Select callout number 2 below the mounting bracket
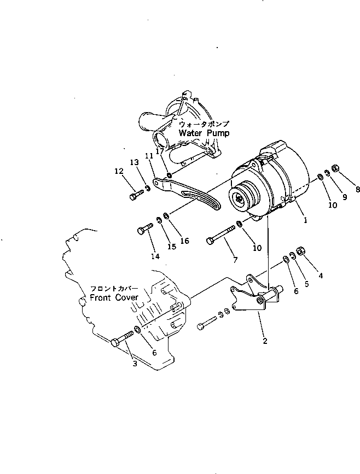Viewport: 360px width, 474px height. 265,341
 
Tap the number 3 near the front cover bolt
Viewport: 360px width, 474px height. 135,364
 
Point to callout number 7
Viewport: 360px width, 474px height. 235,260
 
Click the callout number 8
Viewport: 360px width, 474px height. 357,190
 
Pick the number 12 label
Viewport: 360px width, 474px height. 119,171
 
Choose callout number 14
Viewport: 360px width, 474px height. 156,256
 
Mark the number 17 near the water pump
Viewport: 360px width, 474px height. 160,152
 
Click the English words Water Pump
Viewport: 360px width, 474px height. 204,133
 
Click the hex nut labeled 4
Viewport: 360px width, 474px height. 300,251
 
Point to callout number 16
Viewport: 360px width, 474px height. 184,241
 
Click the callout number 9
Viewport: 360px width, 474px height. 344,198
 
